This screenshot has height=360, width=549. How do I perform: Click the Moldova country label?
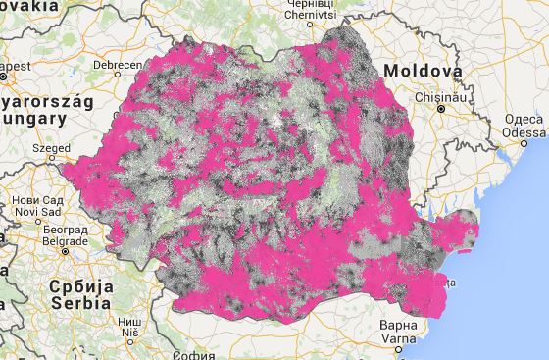click(x=423, y=72)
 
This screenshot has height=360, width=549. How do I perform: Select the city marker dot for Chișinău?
click(x=441, y=109)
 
